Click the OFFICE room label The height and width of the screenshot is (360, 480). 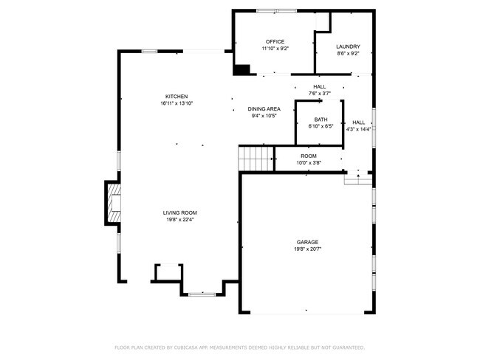(x=275, y=41)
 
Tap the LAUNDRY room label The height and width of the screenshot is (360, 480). (x=349, y=46)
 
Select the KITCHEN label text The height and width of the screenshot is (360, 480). (x=176, y=97)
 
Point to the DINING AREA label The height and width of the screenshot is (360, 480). (x=264, y=108)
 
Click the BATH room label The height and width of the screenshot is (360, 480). (x=320, y=120)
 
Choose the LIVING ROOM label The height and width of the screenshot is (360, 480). (x=180, y=212)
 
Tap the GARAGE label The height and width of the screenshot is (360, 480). (x=308, y=242)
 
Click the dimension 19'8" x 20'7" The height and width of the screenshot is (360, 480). (x=308, y=249)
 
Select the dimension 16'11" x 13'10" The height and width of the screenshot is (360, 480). (x=176, y=103)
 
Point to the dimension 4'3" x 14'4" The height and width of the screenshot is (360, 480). (x=358, y=129)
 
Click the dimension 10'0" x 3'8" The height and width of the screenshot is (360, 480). (x=308, y=162)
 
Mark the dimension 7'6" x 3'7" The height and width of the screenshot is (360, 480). (x=319, y=93)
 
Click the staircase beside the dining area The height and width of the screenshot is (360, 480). (x=256, y=157)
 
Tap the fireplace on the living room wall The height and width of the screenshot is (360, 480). (x=112, y=202)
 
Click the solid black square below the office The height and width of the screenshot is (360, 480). (x=241, y=70)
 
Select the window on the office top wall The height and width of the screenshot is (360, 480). (x=277, y=11)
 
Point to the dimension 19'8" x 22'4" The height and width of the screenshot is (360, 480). (x=180, y=219)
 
